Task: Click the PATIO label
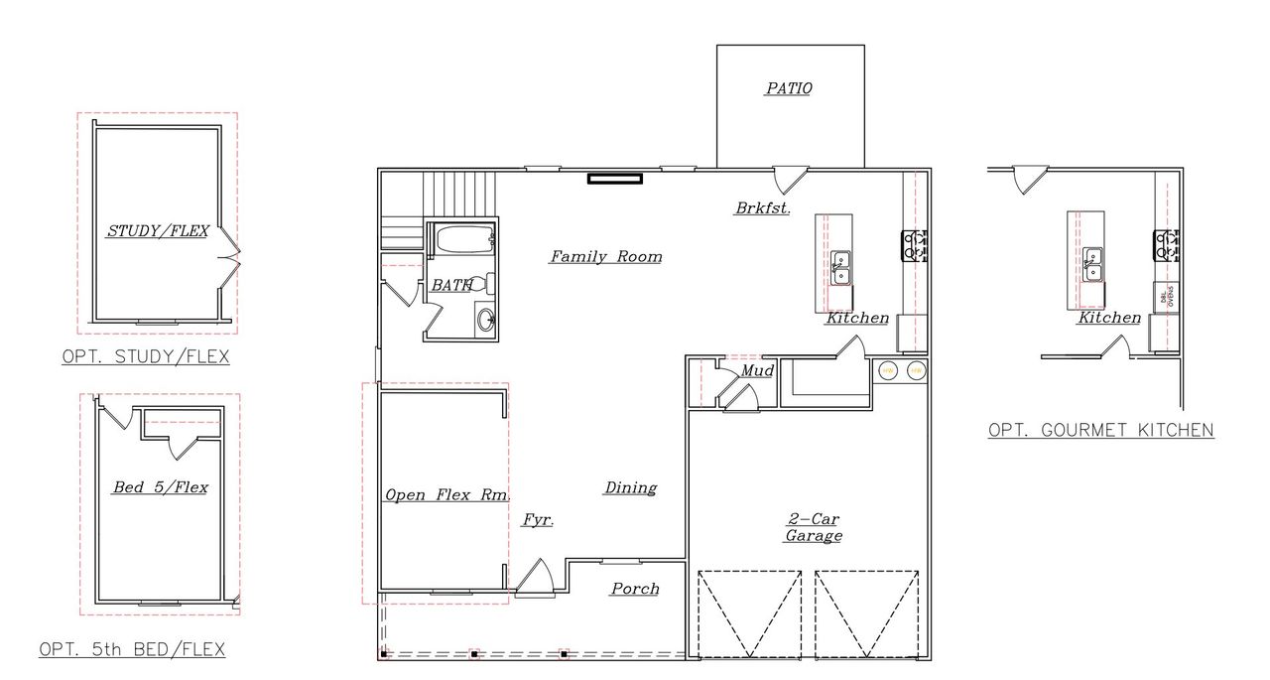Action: click(x=789, y=88)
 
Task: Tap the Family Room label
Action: click(x=605, y=257)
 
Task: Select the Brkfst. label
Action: click(x=762, y=208)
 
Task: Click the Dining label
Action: click(x=631, y=488)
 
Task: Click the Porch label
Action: click(x=635, y=589)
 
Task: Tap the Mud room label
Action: click(x=757, y=371)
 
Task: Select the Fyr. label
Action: click(x=538, y=520)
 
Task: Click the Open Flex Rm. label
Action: click(x=445, y=495)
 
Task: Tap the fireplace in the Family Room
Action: click(x=615, y=179)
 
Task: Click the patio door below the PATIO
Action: click(x=791, y=179)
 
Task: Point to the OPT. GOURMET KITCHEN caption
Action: click(x=1101, y=431)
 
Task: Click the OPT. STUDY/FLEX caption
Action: click(x=145, y=357)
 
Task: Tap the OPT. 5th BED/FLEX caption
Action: click(x=132, y=650)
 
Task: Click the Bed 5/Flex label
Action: click(x=160, y=487)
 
